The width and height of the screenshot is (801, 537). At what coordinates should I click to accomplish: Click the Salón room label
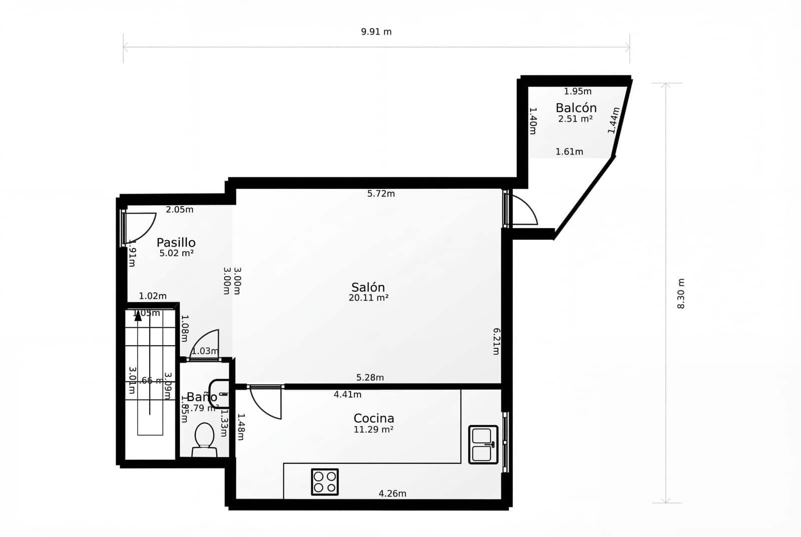368,287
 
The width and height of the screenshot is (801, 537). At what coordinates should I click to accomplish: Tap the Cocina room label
373,418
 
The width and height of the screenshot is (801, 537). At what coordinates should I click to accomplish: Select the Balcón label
576,108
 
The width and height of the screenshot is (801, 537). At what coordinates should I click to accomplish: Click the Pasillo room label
176,243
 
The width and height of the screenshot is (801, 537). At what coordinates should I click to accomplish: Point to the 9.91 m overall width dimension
376,32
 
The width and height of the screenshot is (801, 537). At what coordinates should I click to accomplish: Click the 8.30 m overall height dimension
681,293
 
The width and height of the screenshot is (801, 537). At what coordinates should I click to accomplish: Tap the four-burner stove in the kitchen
324,481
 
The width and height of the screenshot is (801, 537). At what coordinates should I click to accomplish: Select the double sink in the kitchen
483,444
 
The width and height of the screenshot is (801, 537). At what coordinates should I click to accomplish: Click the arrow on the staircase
138,315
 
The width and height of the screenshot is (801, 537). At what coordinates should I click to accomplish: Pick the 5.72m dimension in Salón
380,194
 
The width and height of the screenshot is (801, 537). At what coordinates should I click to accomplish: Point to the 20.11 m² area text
368,298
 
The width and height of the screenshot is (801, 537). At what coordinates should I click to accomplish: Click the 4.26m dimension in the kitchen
392,493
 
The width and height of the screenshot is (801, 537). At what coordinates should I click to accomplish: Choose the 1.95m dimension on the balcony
577,92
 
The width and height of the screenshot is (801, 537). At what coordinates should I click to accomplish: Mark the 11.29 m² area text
373,430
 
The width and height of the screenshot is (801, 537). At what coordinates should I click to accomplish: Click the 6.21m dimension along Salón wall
496,341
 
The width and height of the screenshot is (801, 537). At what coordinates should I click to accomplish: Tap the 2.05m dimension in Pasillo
179,210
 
